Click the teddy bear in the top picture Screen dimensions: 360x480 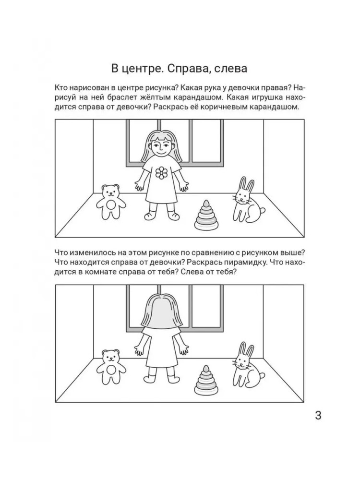111,202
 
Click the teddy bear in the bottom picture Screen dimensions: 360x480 111,367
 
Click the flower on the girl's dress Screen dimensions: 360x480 161,173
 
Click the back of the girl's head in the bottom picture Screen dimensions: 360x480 161,312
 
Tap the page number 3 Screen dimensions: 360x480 318,416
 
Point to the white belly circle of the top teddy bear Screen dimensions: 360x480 111,205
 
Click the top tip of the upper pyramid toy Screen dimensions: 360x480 206,200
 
